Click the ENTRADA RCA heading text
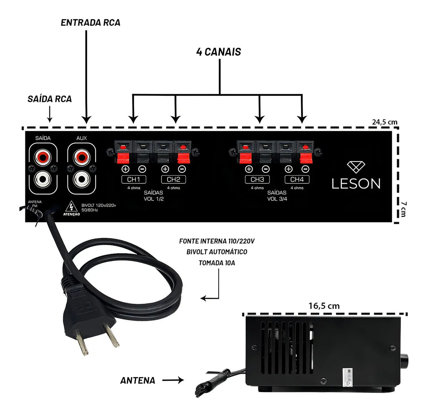[90, 23]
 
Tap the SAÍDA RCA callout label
[50, 99]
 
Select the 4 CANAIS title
[218, 52]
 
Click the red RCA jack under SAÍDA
[43, 156]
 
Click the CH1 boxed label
[134, 179]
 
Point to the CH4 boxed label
[297, 179]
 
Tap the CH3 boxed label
[257, 179]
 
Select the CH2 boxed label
[173, 179]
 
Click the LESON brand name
[356, 183]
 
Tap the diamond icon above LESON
[356, 167]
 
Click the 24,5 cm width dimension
[384, 122]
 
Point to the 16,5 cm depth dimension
[324, 306]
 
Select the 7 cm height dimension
[403, 209]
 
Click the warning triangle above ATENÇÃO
[72, 207]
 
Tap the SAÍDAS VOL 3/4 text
[277, 196]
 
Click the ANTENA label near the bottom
[138, 380]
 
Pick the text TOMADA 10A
[216, 263]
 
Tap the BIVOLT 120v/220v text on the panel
[99, 205]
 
